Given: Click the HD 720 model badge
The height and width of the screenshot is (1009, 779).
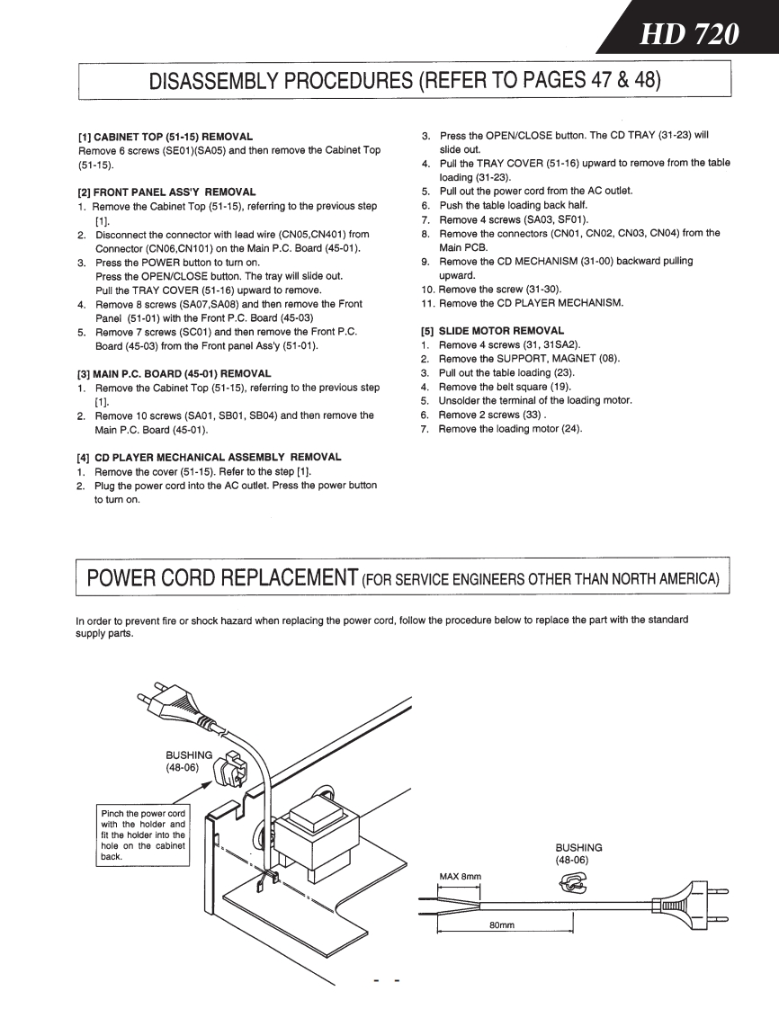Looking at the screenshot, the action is (x=689, y=34).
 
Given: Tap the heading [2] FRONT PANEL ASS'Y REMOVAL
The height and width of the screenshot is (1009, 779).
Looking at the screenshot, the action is (x=167, y=192).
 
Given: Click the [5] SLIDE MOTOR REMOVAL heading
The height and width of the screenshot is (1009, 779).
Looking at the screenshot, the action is (x=492, y=330).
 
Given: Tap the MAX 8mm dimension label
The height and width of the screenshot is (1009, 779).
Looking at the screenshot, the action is (x=460, y=876).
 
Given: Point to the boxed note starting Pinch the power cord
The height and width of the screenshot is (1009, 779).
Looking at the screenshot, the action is (x=143, y=835).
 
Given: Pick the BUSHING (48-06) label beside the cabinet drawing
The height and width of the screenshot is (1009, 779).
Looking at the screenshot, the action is (x=188, y=761).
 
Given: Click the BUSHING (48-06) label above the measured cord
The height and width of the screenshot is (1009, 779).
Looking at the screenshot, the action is (x=578, y=853).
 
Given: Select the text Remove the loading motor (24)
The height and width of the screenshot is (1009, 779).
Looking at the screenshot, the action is (x=510, y=429).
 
